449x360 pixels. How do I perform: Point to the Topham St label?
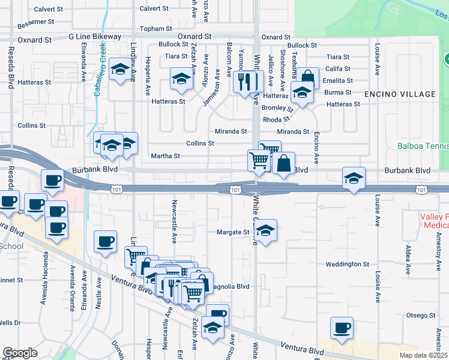(x=156, y=28)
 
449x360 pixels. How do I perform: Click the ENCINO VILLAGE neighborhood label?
(x=400, y=94)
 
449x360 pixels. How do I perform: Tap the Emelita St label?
(x=337, y=80)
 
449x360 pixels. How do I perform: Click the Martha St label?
(x=166, y=156)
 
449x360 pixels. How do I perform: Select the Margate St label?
(x=232, y=232)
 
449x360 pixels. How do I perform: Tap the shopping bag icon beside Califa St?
(x=307, y=78)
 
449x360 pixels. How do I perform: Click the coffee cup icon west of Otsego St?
(x=342, y=328)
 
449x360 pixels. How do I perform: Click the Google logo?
(x=20, y=352)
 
